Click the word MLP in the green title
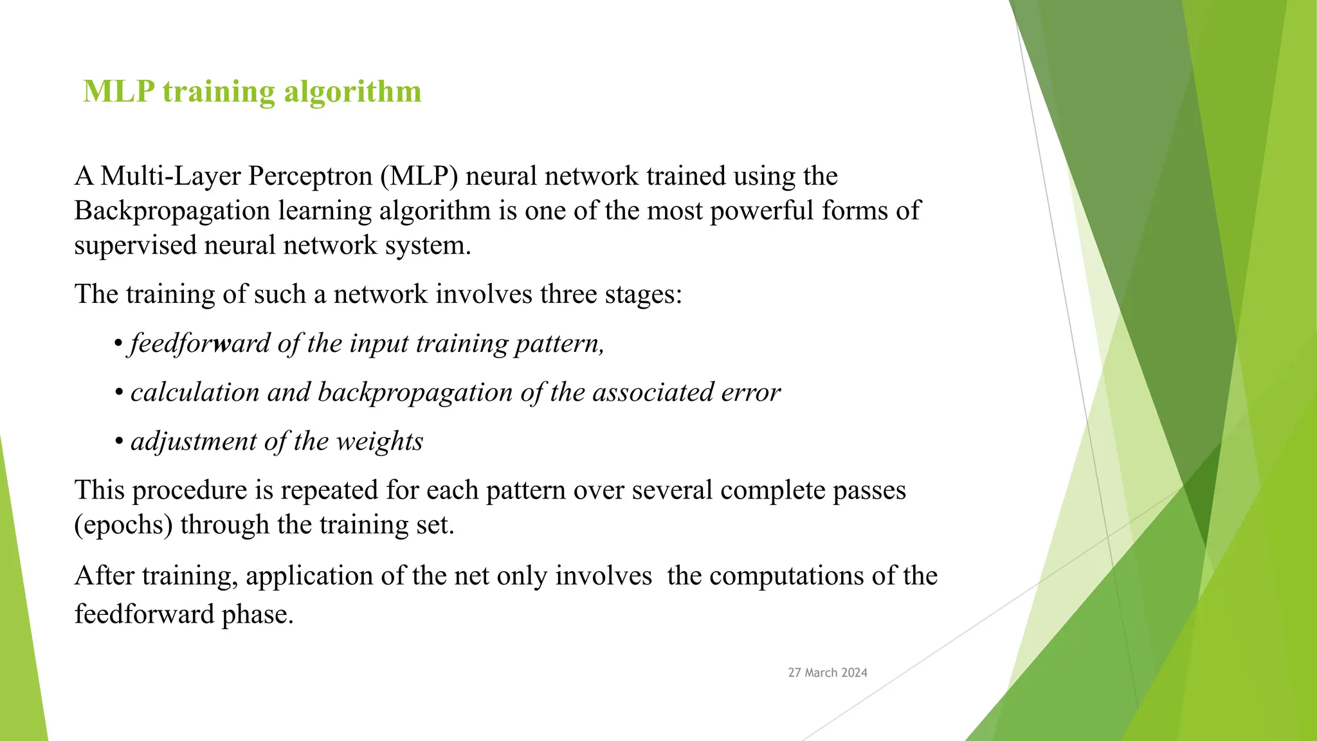(119, 91)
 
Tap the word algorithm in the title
(352, 91)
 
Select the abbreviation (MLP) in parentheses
(419, 176)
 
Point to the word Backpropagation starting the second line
(172, 211)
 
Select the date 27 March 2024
(828, 673)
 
